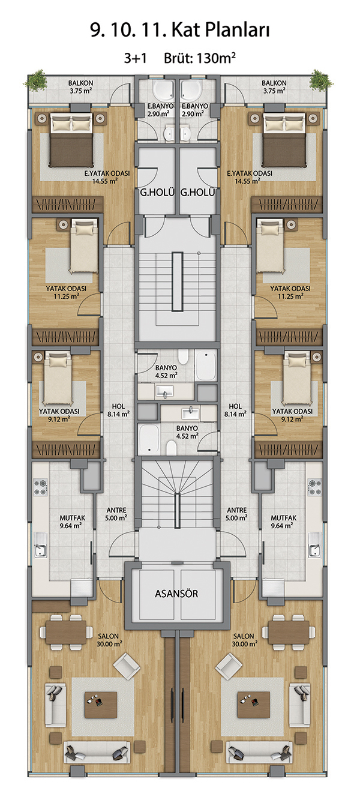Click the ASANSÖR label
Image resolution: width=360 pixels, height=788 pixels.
(x=176, y=594)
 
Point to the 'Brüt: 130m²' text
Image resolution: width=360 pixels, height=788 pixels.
(x=200, y=58)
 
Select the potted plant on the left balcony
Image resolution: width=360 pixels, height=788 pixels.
(x=35, y=80)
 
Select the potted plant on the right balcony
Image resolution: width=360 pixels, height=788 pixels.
(x=322, y=80)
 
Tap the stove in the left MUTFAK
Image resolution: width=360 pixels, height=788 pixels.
(x=40, y=487)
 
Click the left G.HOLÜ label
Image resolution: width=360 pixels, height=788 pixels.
(x=157, y=193)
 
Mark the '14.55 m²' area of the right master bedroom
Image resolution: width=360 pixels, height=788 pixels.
(x=247, y=181)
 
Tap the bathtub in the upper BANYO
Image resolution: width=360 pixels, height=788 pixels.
(x=205, y=365)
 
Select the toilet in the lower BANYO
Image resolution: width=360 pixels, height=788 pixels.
(x=172, y=448)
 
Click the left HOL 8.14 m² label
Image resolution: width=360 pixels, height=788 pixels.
(x=118, y=411)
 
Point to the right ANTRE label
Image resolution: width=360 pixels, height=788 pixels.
(x=237, y=510)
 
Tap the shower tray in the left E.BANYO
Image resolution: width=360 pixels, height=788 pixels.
(x=163, y=91)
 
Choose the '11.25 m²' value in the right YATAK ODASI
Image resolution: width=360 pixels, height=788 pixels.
(x=291, y=296)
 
